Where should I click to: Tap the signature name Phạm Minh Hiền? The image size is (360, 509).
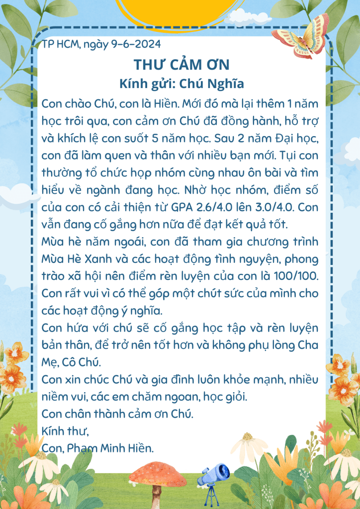pyautogui.click(x=112, y=448)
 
